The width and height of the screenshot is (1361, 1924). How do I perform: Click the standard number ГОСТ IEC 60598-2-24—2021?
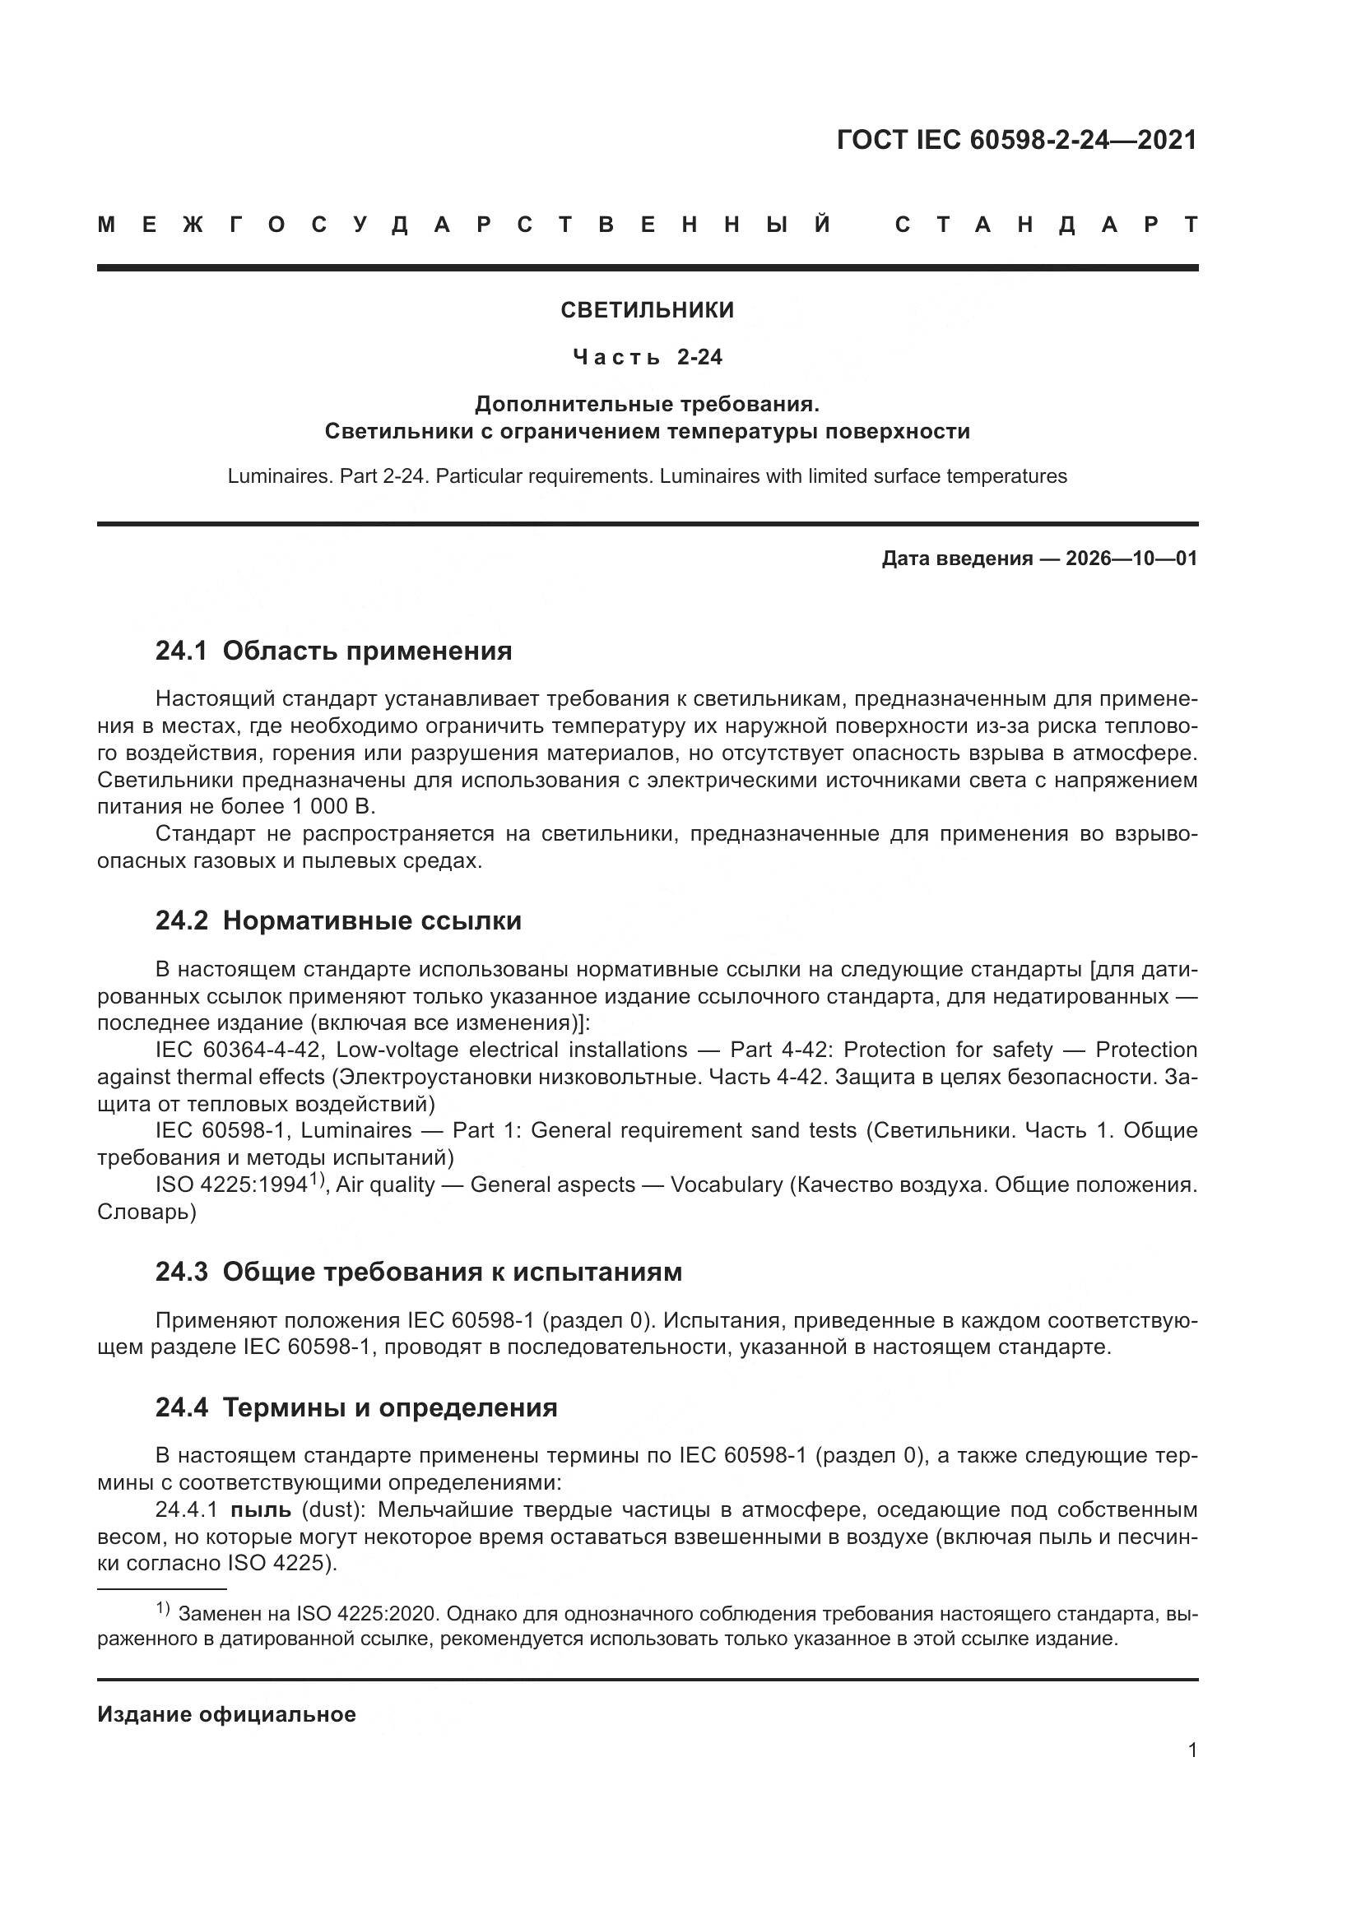coord(1016,140)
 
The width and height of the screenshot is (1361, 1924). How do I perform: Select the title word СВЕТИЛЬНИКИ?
coord(647,310)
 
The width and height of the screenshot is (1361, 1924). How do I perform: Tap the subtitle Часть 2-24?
coord(647,358)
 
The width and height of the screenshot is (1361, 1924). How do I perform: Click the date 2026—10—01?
coord(1131,559)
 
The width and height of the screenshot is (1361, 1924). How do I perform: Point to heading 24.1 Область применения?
coord(333,651)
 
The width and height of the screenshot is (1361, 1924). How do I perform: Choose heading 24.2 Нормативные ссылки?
coord(337,921)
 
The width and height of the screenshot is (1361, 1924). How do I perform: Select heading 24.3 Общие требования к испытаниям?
coord(418,1272)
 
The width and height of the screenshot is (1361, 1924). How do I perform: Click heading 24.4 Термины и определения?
coord(356,1407)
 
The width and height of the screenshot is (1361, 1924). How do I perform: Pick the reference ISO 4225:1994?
coord(231,1185)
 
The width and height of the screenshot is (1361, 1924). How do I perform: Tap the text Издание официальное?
coord(226,1714)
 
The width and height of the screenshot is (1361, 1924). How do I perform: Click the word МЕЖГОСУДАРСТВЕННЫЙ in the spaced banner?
coord(465,225)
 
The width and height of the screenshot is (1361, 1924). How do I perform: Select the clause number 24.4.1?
coord(186,1510)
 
